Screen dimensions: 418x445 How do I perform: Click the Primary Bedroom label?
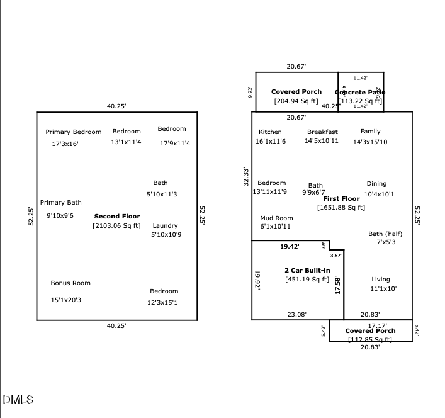pyautogui.click(x=73, y=132)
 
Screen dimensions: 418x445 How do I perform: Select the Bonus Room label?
pyautogui.click(x=70, y=283)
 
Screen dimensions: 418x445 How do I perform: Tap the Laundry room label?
pyautogui.click(x=165, y=225)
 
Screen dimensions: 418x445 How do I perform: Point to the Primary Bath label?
pyautogui.click(x=61, y=203)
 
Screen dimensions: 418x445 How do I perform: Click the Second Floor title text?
pyautogui.click(x=117, y=216)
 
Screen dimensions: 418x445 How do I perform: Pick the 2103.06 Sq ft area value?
pyautogui.click(x=116, y=225)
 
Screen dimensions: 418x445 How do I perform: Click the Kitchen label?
pyautogui.click(x=270, y=132)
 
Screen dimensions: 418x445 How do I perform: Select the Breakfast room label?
pyautogui.click(x=322, y=132)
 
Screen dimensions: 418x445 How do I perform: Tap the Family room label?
pyautogui.click(x=370, y=132)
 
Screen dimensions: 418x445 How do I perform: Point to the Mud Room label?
pyautogui.click(x=276, y=218)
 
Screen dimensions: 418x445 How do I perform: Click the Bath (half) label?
pyautogui.click(x=385, y=234)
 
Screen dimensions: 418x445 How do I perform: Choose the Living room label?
pyautogui.click(x=381, y=279)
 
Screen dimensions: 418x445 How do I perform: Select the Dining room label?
pyautogui.click(x=376, y=184)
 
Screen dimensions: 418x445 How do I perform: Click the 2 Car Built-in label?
pyautogui.click(x=307, y=270)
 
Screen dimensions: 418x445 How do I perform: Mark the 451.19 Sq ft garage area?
pyautogui.click(x=307, y=280)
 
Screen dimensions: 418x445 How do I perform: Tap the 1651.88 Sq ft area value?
pyautogui.click(x=341, y=207)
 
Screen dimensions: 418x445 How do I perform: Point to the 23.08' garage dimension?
pyautogui.click(x=297, y=314)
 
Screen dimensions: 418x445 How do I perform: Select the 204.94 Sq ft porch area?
pyautogui.click(x=296, y=101)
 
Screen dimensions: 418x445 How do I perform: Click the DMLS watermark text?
pyautogui.click(x=18, y=400)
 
